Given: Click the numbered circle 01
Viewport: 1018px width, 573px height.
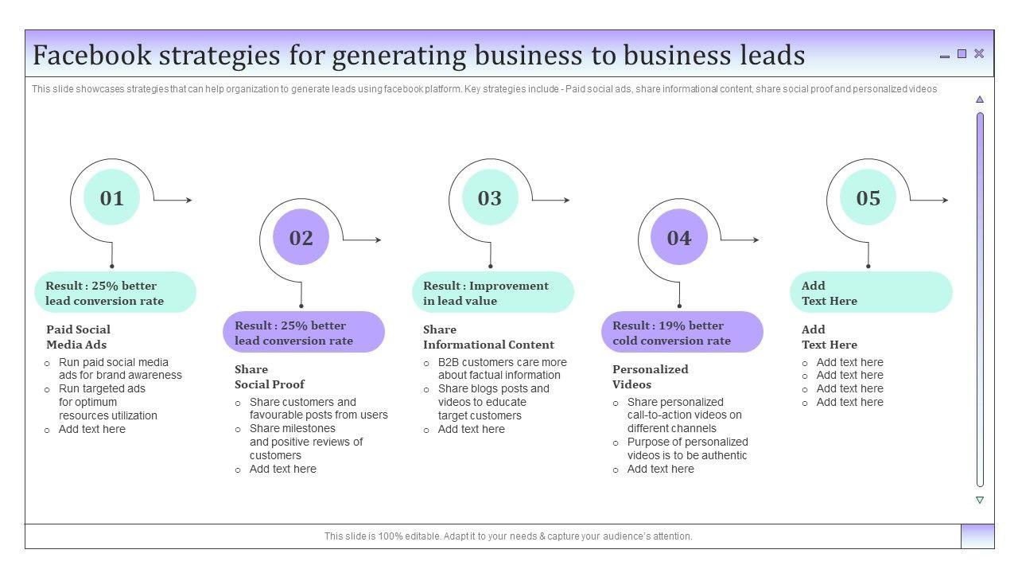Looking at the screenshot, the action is [111, 198].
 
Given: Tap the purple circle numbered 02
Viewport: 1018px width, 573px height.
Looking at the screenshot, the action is [301, 237].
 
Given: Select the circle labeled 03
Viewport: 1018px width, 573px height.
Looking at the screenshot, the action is [490, 198].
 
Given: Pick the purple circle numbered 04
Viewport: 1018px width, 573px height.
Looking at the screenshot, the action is [678, 237].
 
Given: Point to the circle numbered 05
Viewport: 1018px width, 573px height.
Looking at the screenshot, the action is [868, 198].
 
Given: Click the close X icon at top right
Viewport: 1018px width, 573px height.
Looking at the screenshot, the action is [979, 53].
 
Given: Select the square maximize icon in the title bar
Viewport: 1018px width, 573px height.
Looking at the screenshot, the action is [962, 53].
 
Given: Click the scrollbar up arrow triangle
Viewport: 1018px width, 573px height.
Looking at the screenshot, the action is [980, 99].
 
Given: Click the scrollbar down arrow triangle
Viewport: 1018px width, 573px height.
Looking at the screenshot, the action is [980, 500].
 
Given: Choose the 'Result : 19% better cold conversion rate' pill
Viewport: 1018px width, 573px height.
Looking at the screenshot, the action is [682, 333].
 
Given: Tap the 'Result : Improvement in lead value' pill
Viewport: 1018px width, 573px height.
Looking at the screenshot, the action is [492, 293].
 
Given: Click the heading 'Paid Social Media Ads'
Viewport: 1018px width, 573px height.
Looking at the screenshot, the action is [78, 337].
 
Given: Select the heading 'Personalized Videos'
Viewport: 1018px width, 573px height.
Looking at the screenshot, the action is [650, 376].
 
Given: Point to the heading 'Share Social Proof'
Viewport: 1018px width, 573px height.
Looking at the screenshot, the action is [269, 376].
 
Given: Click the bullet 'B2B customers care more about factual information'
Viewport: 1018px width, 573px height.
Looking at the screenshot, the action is [502, 368].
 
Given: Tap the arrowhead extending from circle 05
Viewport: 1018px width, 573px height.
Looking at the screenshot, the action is [945, 201].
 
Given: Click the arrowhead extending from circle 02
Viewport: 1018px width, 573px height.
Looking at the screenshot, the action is [378, 240].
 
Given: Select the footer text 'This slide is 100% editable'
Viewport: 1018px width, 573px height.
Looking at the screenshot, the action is [507, 536].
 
